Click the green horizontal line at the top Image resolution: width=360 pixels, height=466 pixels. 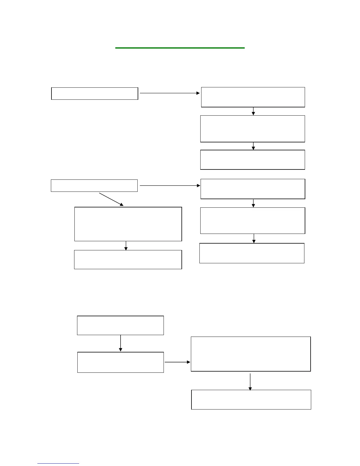180,48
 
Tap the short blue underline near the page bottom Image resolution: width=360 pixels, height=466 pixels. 58,464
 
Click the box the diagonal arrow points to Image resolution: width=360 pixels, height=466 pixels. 128,224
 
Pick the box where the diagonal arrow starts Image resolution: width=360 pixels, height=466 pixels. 94,186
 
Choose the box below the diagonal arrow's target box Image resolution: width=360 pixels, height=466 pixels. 128,259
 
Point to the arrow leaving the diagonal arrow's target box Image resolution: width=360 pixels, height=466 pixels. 126,246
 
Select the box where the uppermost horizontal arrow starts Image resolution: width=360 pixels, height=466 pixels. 95,94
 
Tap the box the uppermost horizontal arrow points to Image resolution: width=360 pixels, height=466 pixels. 253,97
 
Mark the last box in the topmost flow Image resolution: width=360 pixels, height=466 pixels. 253,160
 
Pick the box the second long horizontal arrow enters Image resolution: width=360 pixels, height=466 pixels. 253,189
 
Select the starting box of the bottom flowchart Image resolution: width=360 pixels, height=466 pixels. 120,325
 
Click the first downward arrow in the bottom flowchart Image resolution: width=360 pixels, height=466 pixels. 121,343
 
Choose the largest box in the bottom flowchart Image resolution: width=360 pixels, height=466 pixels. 251,354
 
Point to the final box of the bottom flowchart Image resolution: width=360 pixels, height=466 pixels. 251,400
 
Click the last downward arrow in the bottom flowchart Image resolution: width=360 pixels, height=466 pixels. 250,382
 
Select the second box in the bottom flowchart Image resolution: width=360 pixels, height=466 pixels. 121,362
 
